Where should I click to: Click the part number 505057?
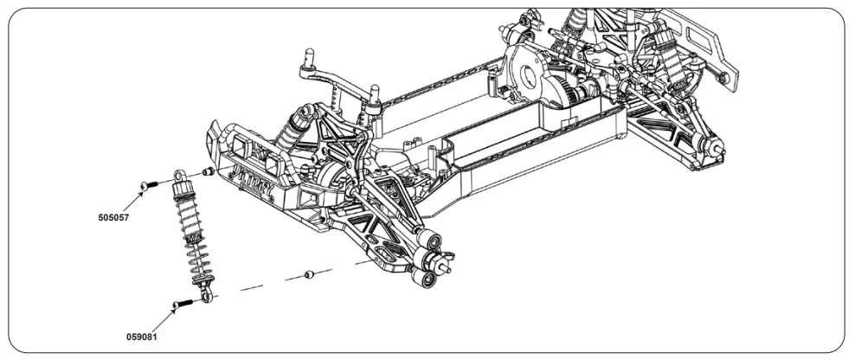click(113, 218)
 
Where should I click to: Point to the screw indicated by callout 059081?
click(180, 304)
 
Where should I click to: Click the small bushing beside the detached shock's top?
click(208, 173)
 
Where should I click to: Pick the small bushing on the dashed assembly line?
click(308, 275)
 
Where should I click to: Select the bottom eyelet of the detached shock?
click(205, 298)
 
